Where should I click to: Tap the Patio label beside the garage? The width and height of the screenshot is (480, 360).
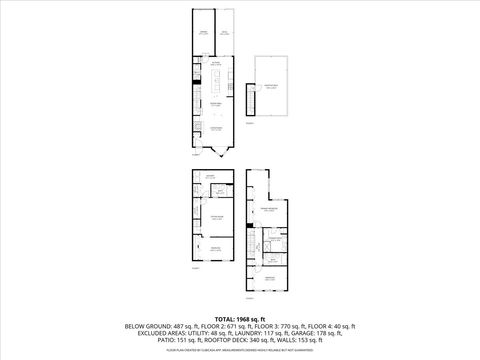pyautogui.click(x=224, y=34)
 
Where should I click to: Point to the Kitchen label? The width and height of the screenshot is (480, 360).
pyautogui.click(x=213, y=62)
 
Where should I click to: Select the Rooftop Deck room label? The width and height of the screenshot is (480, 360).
pyautogui.click(x=270, y=86)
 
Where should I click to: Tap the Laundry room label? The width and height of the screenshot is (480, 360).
pyautogui.click(x=211, y=177)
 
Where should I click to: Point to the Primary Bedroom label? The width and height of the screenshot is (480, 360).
pyautogui.click(x=268, y=209)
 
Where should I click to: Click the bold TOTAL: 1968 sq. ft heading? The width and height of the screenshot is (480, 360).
pyautogui.click(x=240, y=319)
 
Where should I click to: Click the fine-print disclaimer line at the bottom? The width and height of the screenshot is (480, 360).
pyautogui.click(x=240, y=351)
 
